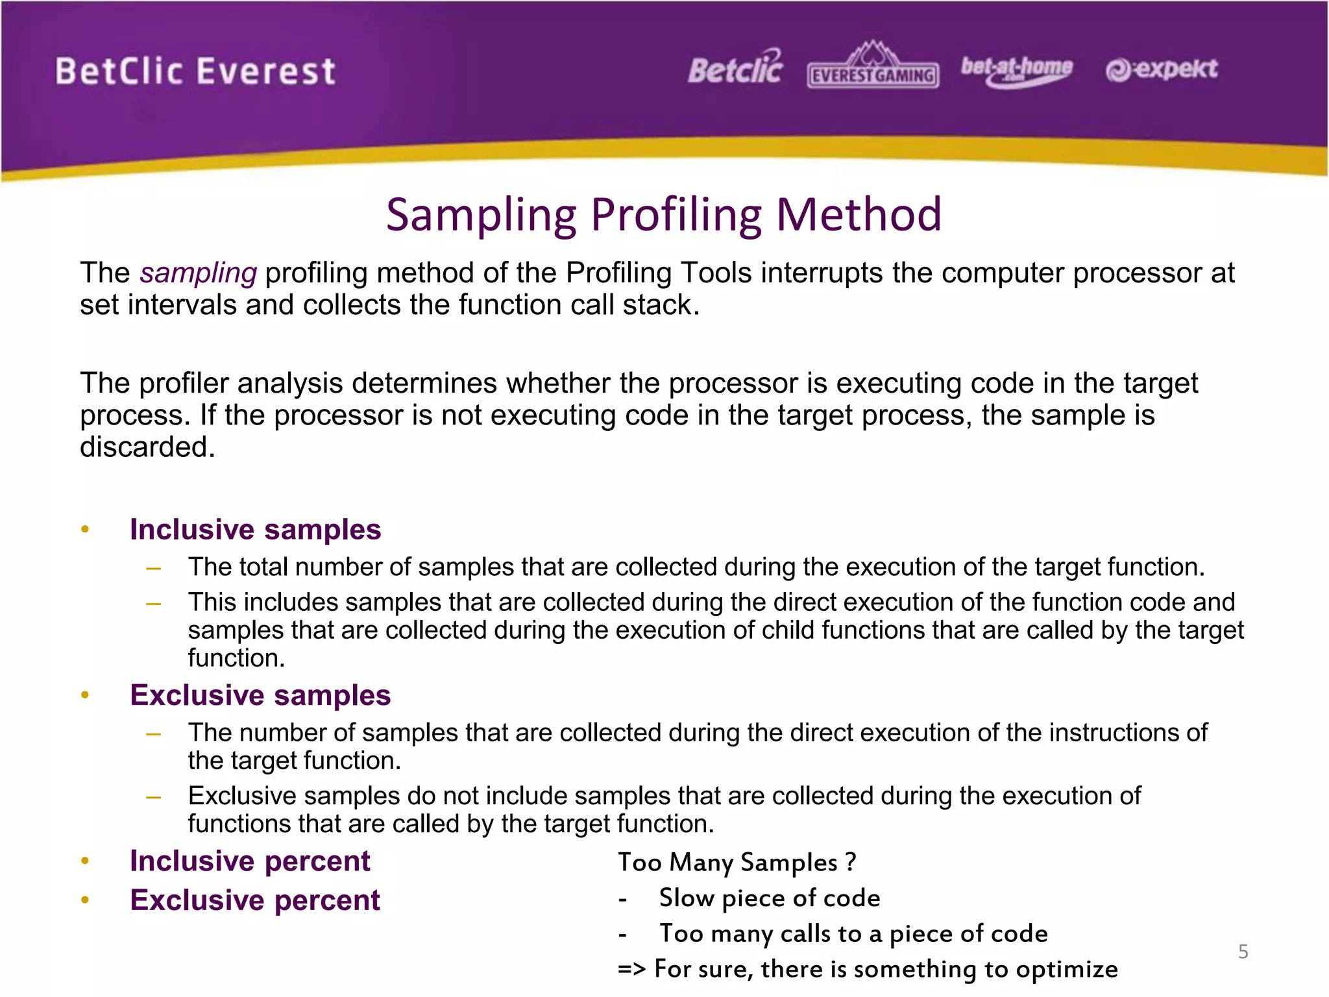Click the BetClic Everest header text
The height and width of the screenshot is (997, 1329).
coord(195,71)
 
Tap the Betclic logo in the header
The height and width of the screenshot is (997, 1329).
coord(735,68)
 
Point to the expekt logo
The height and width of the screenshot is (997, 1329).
coord(1162,69)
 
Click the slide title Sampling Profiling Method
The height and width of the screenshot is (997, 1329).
coord(663,214)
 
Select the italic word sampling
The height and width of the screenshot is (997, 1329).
coord(198,273)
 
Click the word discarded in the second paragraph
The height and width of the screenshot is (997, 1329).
coord(147,447)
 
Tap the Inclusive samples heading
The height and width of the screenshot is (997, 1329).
coord(255,530)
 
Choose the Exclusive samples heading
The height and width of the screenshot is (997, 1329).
coord(260,695)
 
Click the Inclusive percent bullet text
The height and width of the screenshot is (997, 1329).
coord(250,861)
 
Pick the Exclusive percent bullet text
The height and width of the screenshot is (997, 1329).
coord(255,900)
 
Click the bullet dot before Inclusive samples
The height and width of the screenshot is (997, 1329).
coord(85,530)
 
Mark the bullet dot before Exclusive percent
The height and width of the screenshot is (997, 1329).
coord(85,900)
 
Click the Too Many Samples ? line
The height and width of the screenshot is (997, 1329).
coord(737,863)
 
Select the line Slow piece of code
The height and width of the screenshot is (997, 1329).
coord(770,898)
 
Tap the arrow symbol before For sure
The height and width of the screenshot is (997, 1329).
coord(631,969)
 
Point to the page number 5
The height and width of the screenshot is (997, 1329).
coord(1243,952)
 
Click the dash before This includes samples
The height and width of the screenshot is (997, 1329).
coord(154,604)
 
